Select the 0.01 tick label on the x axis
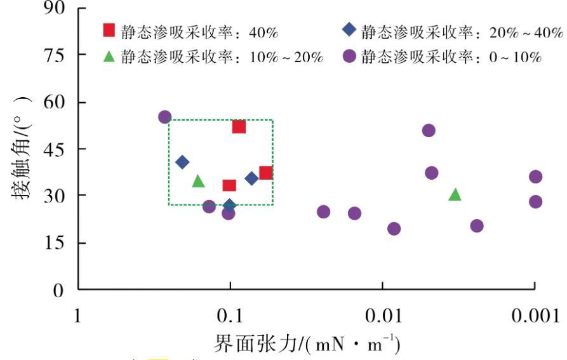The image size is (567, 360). coord(382,316)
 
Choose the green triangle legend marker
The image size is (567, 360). coord(109,57)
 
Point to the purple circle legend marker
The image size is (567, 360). coord(349,57)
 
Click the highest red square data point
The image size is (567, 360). coord(239,127)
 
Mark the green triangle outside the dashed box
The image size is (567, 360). coord(455,194)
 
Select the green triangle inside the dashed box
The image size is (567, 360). coord(198,182)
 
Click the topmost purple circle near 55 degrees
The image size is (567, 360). coord(165,117)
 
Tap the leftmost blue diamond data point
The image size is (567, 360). coord(182,162)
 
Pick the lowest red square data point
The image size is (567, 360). coord(229,185)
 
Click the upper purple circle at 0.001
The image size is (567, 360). coord(536,177)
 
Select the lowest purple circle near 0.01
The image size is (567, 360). coord(394,229)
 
